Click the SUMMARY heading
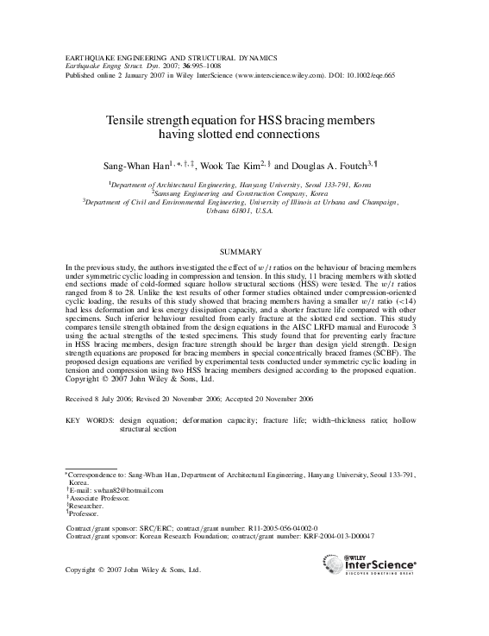tap(246, 251)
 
